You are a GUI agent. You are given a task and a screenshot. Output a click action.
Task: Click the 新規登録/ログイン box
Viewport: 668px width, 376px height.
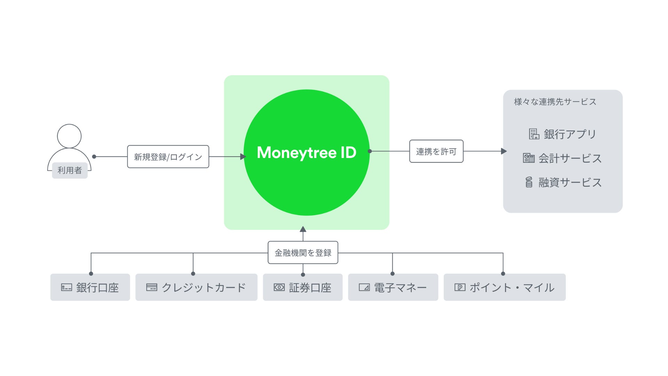(168, 157)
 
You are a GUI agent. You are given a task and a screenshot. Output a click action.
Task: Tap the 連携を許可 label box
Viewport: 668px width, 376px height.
(436, 151)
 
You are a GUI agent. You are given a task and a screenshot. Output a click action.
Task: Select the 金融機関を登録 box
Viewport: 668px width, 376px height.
(303, 252)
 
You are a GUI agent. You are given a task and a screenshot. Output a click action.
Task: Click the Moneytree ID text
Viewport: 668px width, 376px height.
(307, 152)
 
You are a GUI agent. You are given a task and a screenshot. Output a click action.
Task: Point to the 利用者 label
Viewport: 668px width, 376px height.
(70, 170)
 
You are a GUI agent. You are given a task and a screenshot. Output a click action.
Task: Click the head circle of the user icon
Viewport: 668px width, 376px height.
(69, 136)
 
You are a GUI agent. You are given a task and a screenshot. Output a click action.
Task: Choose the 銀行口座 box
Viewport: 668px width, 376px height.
(90, 287)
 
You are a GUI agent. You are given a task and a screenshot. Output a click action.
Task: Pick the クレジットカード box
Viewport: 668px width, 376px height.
(196, 287)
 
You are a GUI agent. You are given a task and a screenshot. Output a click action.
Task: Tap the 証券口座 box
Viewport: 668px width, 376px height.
(303, 287)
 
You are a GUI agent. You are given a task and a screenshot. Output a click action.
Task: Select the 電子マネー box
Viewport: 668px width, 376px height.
(393, 287)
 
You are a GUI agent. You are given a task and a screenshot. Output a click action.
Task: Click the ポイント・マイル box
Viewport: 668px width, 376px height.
(504, 287)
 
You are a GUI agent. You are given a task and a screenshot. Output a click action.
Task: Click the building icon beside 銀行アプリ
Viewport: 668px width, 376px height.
(534, 134)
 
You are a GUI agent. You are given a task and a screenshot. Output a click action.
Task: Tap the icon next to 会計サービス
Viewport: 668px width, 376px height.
(529, 158)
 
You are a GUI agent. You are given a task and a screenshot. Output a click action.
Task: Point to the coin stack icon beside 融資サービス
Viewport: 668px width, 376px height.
(529, 182)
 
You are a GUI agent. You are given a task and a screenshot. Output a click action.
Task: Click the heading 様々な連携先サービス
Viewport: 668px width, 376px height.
(555, 102)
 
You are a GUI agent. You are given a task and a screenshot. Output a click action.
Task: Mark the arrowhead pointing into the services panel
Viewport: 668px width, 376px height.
(503, 151)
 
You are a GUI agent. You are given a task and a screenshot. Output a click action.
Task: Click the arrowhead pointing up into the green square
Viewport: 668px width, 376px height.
(303, 229)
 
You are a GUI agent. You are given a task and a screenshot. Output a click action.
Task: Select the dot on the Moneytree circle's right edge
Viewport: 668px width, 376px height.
(370, 151)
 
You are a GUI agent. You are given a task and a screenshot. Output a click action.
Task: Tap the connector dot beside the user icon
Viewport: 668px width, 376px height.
(94, 157)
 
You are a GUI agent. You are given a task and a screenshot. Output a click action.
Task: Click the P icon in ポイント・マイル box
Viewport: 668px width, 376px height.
(460, 287)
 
